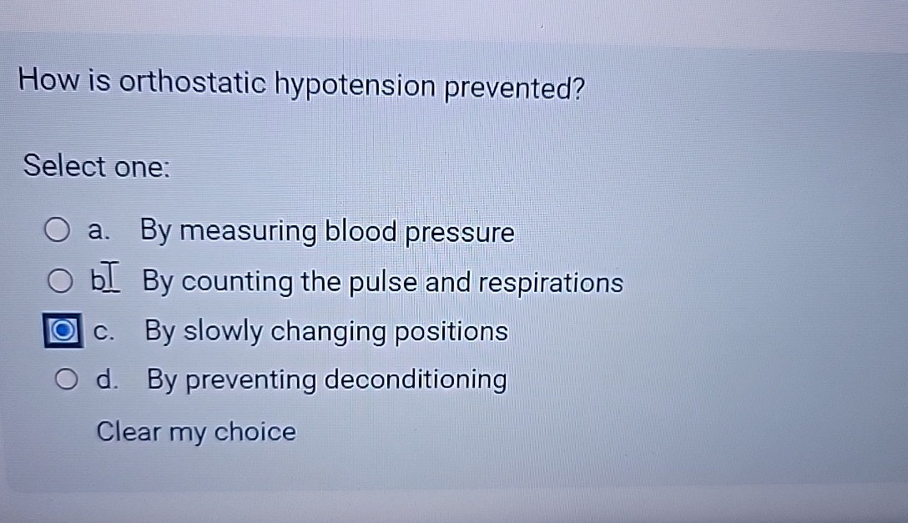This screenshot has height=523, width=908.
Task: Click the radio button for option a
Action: pyautogui.click(x=58, y=231)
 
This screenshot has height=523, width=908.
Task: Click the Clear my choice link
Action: pyautogui.click(x=196, y=432)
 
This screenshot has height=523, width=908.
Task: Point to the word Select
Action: pyautogui.click(x=64, y=165)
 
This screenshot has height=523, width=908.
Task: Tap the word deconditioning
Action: pyautogui.click(x=415, y=381)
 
